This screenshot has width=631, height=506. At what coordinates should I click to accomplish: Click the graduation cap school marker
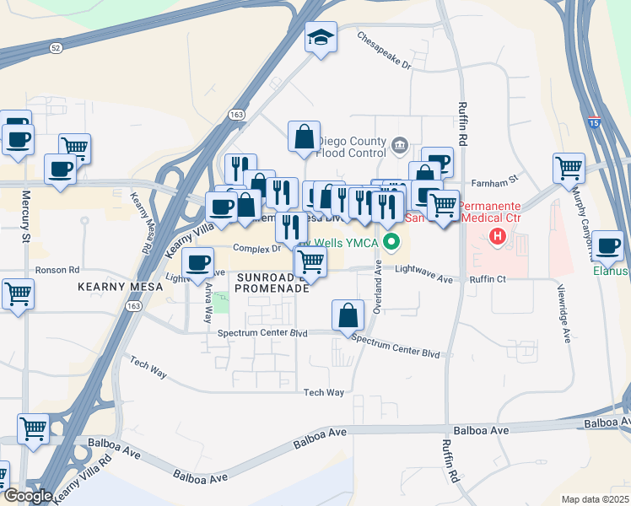[321, 37]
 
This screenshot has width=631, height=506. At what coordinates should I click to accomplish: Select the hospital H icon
[498, 237]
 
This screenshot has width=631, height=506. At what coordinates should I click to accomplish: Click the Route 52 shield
[56, 48]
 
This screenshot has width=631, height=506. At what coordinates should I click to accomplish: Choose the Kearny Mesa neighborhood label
[113, 288]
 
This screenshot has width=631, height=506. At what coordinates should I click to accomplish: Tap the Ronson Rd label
[57, 271]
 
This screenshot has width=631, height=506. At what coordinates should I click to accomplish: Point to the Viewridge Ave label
[566, 311]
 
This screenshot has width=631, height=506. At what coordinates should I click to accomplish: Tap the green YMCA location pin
[391, 243]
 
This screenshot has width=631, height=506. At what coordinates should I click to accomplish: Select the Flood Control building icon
[400, 148]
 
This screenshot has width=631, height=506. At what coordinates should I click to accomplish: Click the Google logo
[27, 496]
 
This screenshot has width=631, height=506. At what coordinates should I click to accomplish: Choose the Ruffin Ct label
[488, 279]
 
